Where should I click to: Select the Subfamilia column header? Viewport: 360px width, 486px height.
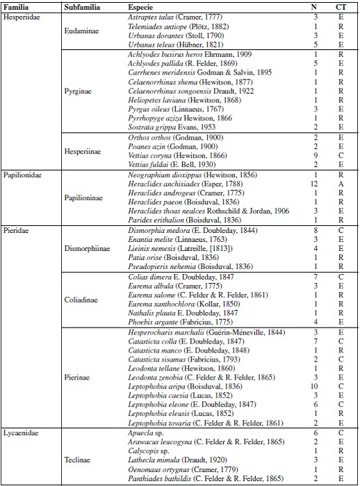click(x=81, y=6)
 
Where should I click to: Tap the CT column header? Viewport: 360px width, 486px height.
click(x=341, y=6)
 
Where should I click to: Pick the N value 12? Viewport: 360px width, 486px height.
click(x=314, y=184)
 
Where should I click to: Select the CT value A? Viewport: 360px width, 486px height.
click(x=341, y=184)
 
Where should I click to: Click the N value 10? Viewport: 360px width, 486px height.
click(x=314, y=386)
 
